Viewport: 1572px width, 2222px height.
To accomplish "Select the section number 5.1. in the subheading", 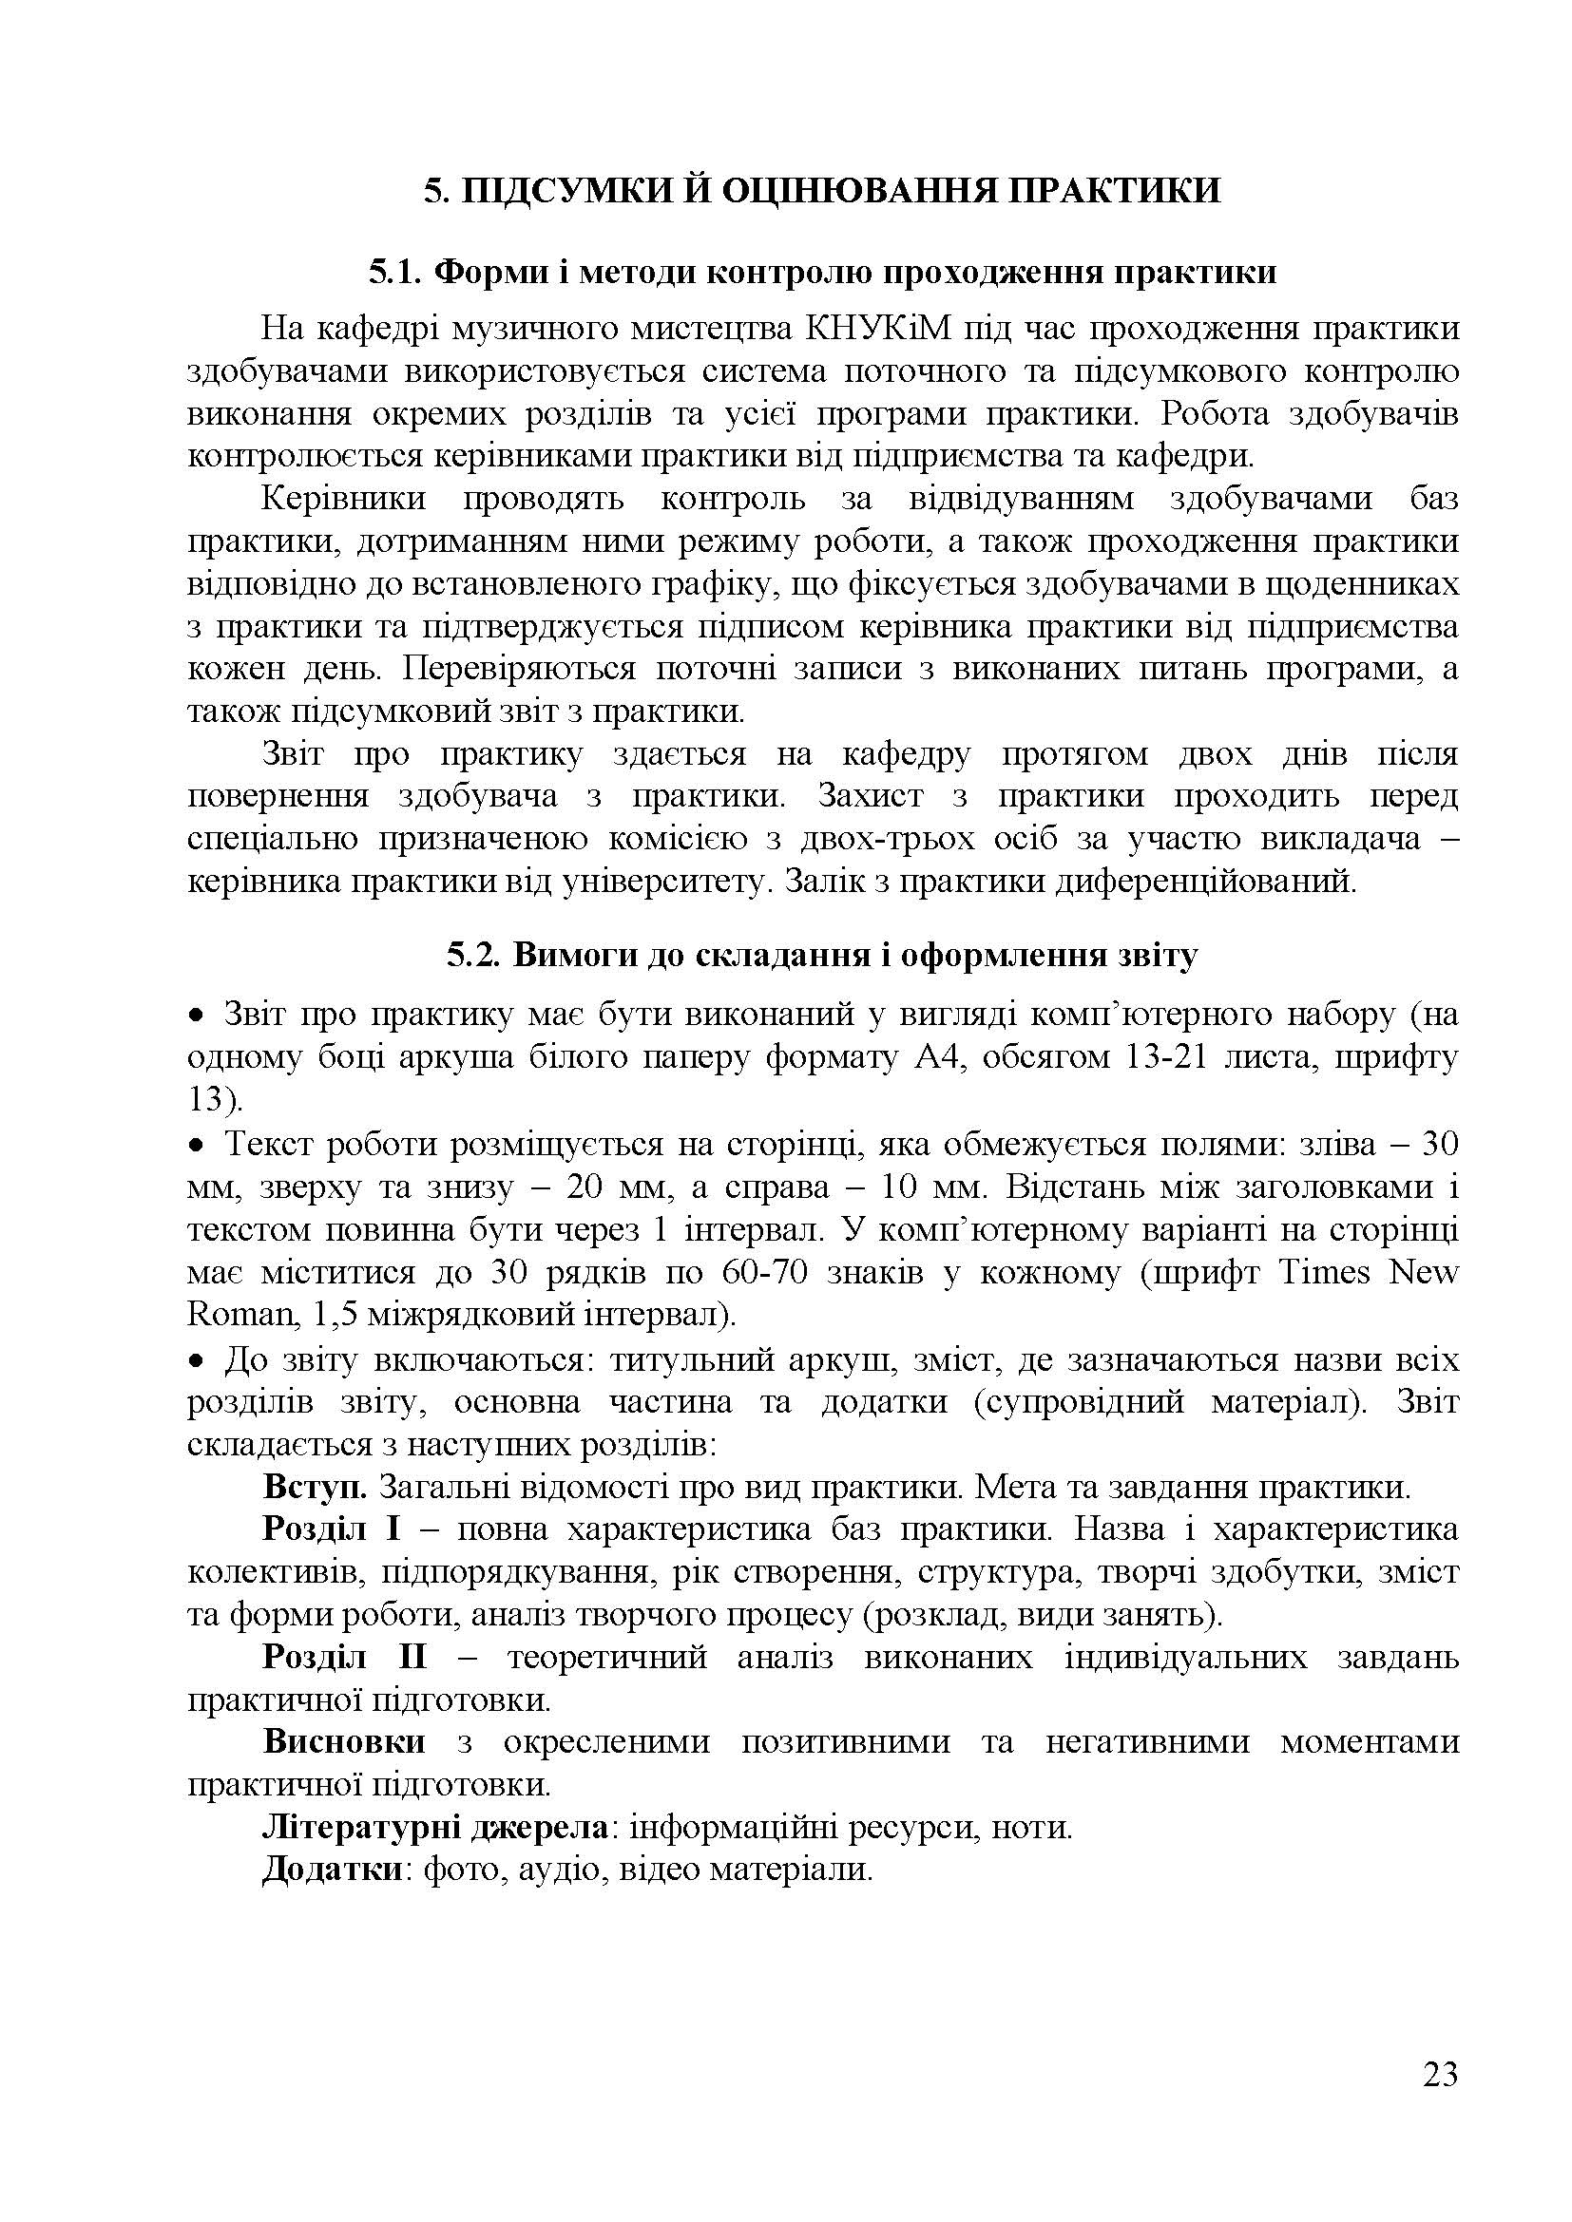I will pos(396,273).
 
